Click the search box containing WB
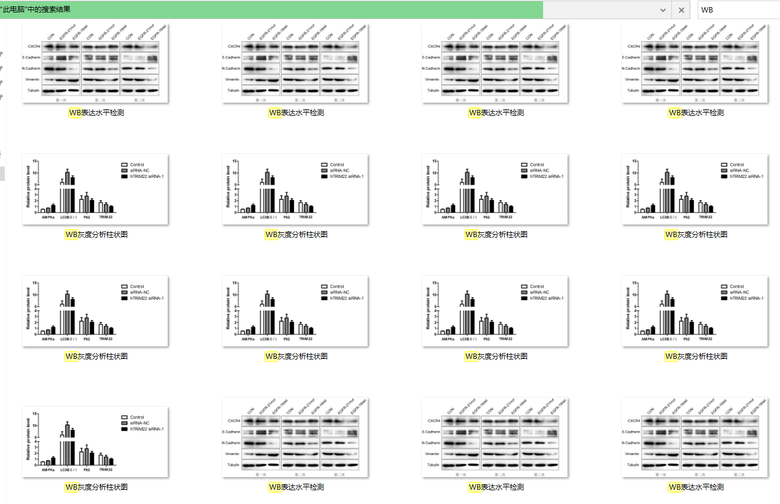coord(737,10)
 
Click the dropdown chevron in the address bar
coord(663,10)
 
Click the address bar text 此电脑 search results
coord(36,10)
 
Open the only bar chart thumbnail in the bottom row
coord(95,442)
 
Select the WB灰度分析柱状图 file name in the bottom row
coord(95,487)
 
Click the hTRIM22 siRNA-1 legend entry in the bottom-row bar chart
coord(147,429)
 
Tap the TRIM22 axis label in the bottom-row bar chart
coord(106,470)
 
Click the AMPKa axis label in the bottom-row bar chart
coord(48,470)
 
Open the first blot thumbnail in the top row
coord(95,63)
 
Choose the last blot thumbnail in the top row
coord(695,63)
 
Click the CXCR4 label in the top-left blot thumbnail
coord(33,46)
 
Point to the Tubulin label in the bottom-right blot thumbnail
coord(633,465)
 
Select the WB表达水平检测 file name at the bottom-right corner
coord(695,487)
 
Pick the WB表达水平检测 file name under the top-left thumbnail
coord(95,113)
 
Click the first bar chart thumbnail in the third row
coord(95,311)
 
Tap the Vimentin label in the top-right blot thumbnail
coord(633,79)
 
